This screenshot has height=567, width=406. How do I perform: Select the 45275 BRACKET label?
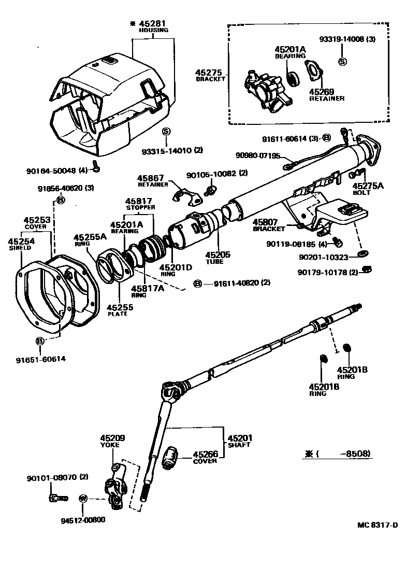(210, 75)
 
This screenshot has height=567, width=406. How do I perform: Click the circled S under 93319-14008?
(342, 61)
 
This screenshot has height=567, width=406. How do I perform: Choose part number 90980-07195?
(257, 155)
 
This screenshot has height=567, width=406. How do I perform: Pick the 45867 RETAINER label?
(151, 180)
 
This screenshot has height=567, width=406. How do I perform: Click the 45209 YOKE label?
(110, 441)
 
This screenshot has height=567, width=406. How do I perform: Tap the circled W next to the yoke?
(83, 499)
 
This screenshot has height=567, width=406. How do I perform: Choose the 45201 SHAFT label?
(239, 441)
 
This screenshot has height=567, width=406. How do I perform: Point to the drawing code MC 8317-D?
(377, 525)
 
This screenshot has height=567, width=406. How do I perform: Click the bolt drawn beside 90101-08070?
(57, 499)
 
